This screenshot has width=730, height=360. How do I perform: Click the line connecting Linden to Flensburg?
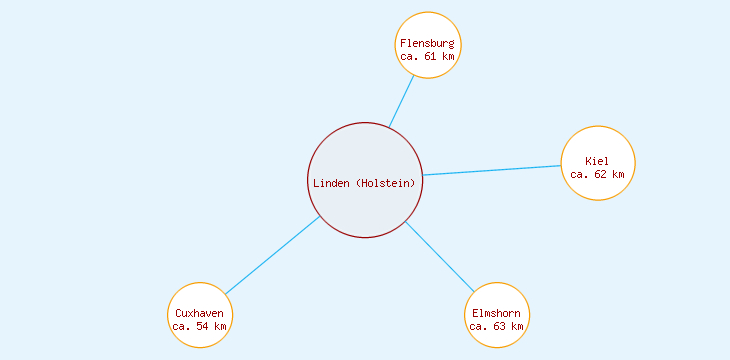coord(402,100)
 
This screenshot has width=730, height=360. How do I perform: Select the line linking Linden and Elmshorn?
coord(440,256)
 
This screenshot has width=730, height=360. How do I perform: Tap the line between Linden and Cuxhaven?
coord(272,256)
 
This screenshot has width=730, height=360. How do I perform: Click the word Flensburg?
coord(427,44)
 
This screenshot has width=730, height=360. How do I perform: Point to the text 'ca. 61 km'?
coord(427,57)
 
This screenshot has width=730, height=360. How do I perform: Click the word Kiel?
coord(597,161)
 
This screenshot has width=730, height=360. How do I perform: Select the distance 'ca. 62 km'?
coord(597,174)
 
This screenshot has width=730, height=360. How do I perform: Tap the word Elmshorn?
coord(496,314)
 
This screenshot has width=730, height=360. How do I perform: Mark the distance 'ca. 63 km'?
coord(496,327)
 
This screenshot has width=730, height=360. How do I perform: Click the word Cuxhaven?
coord(199,314)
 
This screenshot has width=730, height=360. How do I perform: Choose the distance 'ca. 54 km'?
coord(199,327)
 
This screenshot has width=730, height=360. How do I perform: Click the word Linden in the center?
coord(332,183)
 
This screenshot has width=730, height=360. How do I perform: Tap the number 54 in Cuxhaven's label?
coord(204,327)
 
